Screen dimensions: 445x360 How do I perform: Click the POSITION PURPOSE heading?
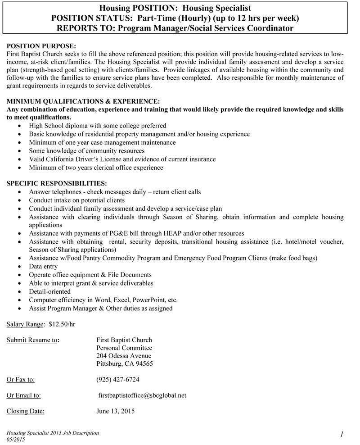(x=41, y=46)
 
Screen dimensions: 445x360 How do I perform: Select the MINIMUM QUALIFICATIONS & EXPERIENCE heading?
(x=83, y=101)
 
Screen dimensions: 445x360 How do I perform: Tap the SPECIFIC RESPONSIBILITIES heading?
(x=57, y=184)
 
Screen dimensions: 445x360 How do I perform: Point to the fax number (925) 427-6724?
(x=118, y=379)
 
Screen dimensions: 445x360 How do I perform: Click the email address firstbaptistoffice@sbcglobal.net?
(x=142, y=395)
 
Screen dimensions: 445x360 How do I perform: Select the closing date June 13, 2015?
(x=116, y=411)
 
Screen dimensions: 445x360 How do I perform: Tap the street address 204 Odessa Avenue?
(x=121, y=356)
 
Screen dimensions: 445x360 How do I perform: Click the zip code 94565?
(x=144, y=364)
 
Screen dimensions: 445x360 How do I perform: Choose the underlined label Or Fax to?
(x=21, y=379)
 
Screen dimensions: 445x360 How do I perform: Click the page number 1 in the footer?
(x=342, y=434)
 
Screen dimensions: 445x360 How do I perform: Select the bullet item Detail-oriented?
(x=49, y=291)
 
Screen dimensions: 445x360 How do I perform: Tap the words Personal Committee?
(x=124, y=348)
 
